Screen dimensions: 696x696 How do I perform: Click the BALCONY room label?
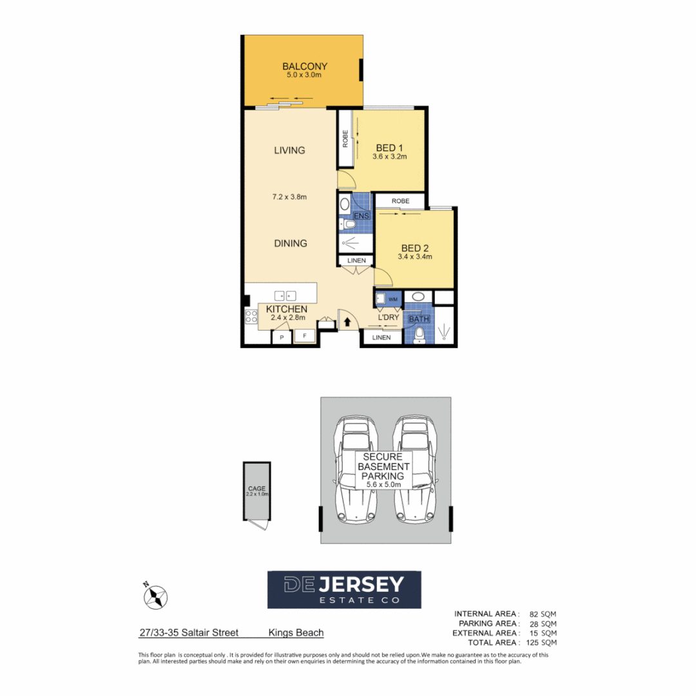point(305,66)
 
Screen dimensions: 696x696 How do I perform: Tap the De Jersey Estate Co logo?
point(344,589)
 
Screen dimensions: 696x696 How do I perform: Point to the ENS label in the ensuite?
point(361,215)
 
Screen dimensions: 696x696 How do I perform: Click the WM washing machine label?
point(392,300)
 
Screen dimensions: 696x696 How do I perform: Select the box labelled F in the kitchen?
point(304,336)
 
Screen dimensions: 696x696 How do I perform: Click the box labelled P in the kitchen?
point(281,337)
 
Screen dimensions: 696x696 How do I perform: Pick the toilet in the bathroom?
point(419,334)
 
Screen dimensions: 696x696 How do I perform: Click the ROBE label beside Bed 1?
point(345,139)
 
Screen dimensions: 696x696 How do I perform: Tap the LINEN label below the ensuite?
point(356,260)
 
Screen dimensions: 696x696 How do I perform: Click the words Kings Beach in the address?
point(296,633)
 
